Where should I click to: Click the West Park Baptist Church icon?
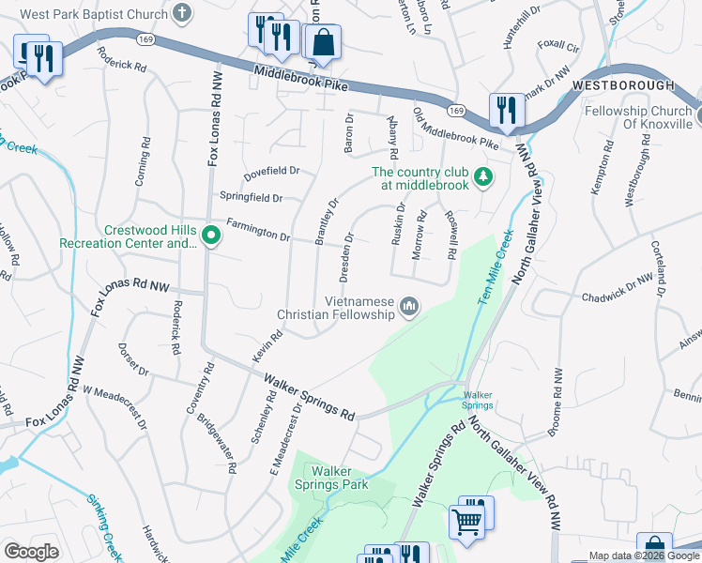tap(184, 14)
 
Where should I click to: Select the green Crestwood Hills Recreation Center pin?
tap(211, 236)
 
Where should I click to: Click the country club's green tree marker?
tap(483, 176)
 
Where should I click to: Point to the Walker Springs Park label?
tap(340, 478)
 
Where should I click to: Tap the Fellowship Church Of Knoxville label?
tap(638, 117)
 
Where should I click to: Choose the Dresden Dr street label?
tap(348, 254)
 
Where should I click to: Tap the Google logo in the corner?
tap(32, 551)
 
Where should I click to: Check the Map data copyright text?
tap(643, 555)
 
